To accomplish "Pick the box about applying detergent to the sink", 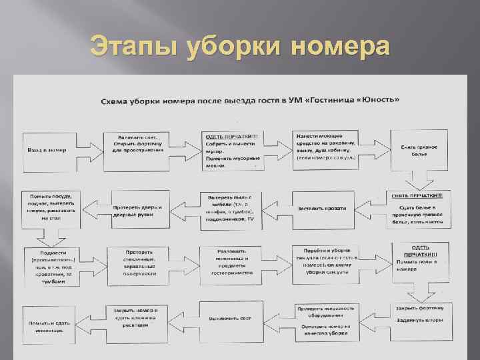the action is pyautogui.click(x=326, y=147).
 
